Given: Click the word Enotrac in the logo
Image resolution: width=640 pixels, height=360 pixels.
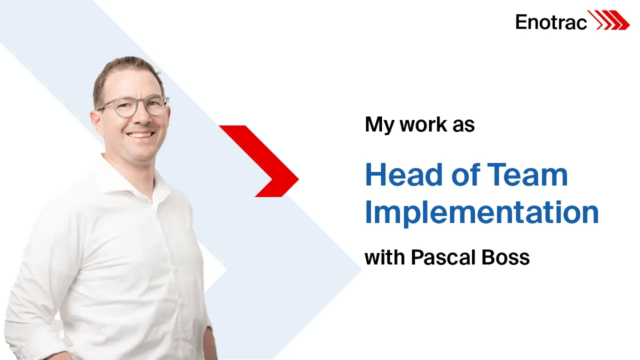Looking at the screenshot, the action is (x=551, y=22).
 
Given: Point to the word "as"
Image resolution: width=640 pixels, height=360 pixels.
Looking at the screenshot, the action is (x=463, y=125).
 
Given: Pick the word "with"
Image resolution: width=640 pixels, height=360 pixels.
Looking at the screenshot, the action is (x=385, y=257).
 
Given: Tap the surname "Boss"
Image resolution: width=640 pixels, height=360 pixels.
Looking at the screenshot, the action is (x=505, y=257).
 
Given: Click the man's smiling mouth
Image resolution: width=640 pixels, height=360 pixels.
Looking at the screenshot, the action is (x=141, y=134).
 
